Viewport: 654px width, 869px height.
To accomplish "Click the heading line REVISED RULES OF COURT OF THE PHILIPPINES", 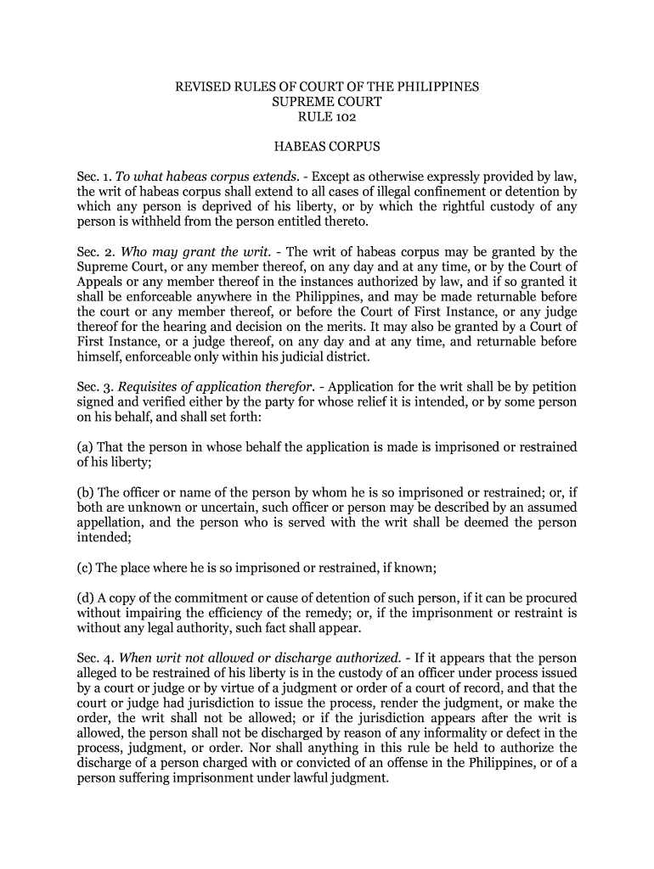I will tap(327, 87).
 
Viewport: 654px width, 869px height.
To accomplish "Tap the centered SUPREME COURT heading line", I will tap(327, 102).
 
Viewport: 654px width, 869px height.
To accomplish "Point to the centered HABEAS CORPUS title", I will tap(327, 146).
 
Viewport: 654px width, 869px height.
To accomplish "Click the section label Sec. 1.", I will tap(89, 177).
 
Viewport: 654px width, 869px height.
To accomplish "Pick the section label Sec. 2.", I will tap(89, 252).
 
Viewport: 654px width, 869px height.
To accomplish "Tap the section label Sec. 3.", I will tap(89, 386).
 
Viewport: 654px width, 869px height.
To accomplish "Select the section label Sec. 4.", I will tap(89, 658).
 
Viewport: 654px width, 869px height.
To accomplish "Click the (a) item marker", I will tap(85, 446).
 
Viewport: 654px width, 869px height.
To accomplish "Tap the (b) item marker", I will tap(85, 493).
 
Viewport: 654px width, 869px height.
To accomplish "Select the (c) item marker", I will tap(85, 568).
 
